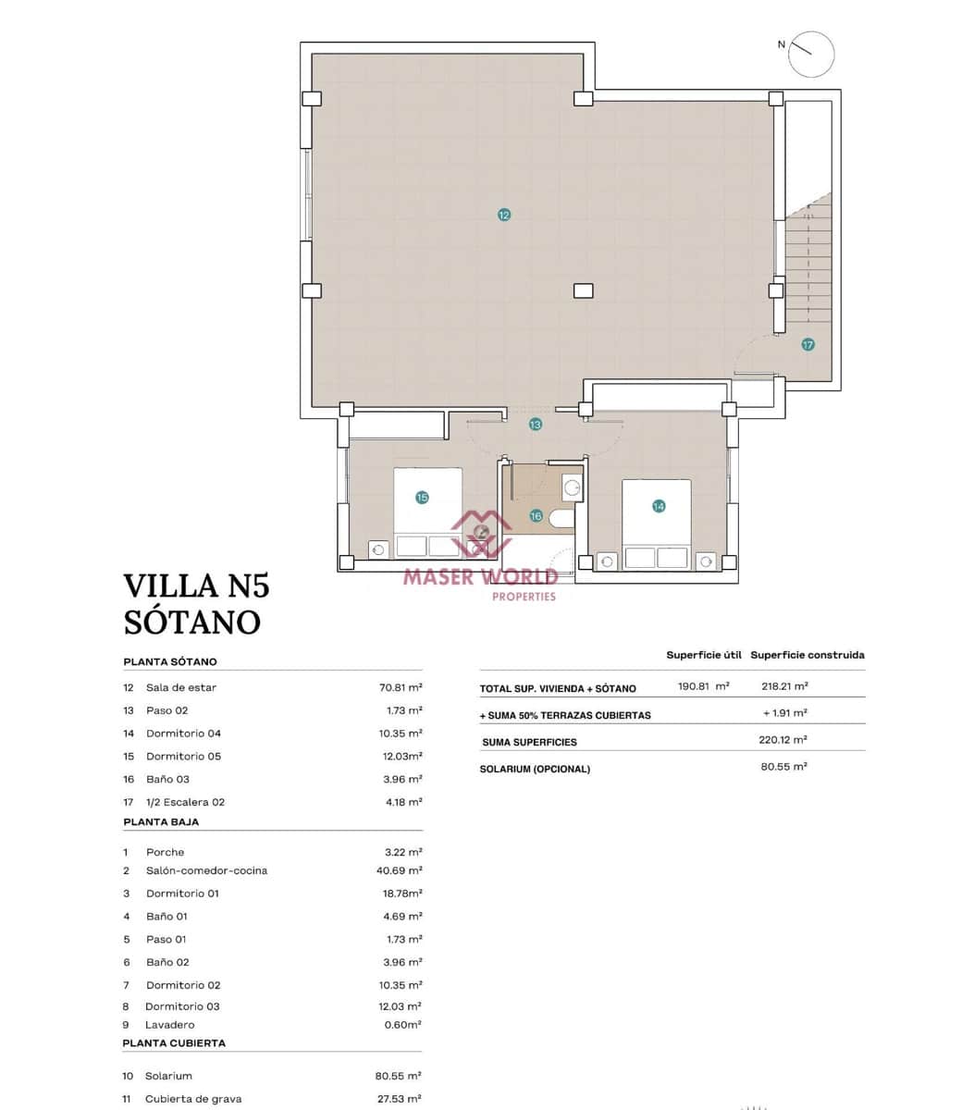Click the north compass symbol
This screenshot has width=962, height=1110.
pos(811,54)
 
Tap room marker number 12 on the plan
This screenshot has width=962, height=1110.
pos(504,215)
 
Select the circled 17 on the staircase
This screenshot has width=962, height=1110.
pos(808,344)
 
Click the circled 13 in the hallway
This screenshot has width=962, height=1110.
pos(536,425)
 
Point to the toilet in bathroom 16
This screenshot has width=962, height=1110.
pos(561,518)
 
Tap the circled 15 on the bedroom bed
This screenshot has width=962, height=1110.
pos(423,498)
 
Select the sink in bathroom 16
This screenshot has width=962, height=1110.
pos(572,487)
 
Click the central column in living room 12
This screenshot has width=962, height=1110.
pos(583,290)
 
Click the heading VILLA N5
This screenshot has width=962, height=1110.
pos(196,586)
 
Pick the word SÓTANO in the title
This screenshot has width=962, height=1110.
pos(192,622)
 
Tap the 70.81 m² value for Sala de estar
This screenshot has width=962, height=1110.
pos(401,687)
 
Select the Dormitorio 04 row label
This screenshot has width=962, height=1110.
pos(183,734)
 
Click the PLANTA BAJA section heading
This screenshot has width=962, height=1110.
pos(161,821)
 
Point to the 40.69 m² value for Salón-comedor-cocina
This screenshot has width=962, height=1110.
pos(401,870)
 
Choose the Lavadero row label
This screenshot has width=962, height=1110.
pos(170,1025)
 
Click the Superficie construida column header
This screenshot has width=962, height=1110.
pos(807,655)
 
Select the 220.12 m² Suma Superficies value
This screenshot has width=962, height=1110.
pos(783,740)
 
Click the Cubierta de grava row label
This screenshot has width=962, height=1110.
pos(193,1099)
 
